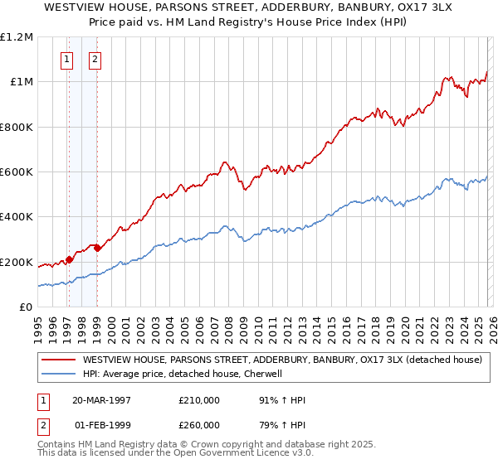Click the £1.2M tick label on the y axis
(17, 37)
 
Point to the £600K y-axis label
(17, 172)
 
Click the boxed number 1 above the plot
(66, 59)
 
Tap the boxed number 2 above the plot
(95, 59)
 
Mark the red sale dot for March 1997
(70, 259)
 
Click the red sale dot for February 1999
(97, 248)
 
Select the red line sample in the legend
(57, 360)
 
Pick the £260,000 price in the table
(198, 425)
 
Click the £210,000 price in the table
(198, 400)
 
